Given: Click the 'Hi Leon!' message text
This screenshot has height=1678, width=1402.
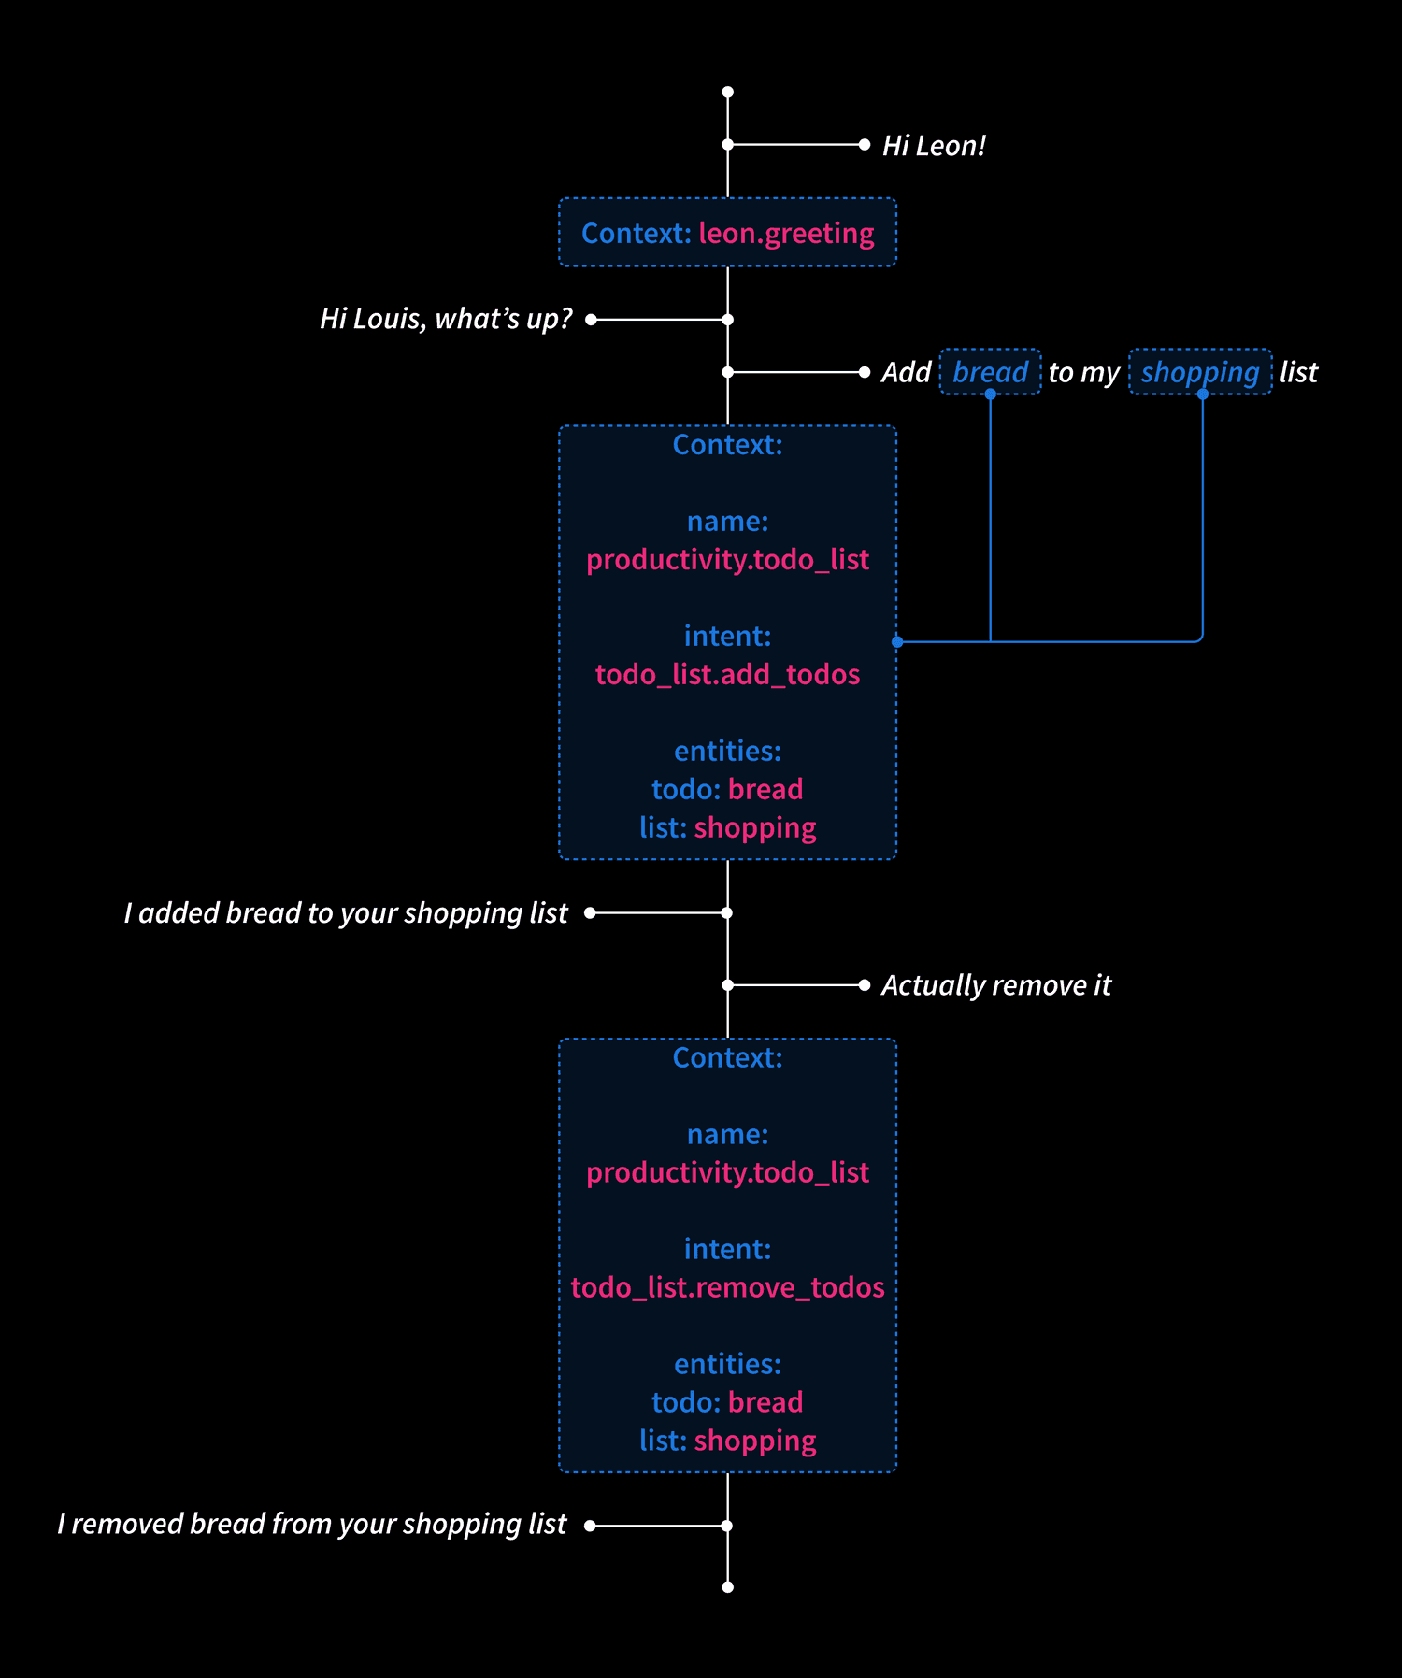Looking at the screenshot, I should tap(934, 146).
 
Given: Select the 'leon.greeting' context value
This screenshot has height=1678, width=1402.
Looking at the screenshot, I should tap(786, 233).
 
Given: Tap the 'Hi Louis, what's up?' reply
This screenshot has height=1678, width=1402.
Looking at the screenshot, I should tap(446, 319).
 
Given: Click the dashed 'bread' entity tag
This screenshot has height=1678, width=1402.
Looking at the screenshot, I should tap(990, 372).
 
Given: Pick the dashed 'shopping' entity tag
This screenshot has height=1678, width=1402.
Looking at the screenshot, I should tap(1200, 372).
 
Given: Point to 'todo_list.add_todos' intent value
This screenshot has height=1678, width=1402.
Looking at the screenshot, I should tap(727, 674).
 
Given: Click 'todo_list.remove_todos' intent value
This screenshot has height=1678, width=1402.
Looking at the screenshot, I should tap(727, 1287).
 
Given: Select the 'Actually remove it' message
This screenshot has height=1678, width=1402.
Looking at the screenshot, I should tap(996, 985).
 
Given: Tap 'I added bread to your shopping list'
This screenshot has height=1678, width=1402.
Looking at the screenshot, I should tap(346, 912).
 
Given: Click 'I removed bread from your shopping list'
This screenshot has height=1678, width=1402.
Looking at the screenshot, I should tap(312, 1524).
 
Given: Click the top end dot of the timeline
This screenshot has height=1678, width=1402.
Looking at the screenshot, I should tap(728, 92).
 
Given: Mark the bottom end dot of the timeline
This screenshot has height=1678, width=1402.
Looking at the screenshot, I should tap(728, 1586).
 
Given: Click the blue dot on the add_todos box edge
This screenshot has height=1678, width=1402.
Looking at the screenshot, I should tap(897, 641).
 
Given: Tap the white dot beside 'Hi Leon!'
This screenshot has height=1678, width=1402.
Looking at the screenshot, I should tap(865, 145).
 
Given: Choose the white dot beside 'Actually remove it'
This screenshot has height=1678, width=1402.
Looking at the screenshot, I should tap(865, 984).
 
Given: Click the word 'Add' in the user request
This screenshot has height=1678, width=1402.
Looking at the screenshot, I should tap(906, 372).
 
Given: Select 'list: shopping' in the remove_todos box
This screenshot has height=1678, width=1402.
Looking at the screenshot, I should tap(727, 1441).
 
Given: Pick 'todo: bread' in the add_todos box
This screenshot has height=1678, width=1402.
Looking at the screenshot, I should tap(727, 789).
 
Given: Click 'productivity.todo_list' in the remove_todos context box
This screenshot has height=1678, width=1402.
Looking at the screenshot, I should tap(727, 1172).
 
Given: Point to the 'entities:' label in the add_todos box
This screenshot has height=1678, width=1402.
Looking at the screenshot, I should tap(727, 751).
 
